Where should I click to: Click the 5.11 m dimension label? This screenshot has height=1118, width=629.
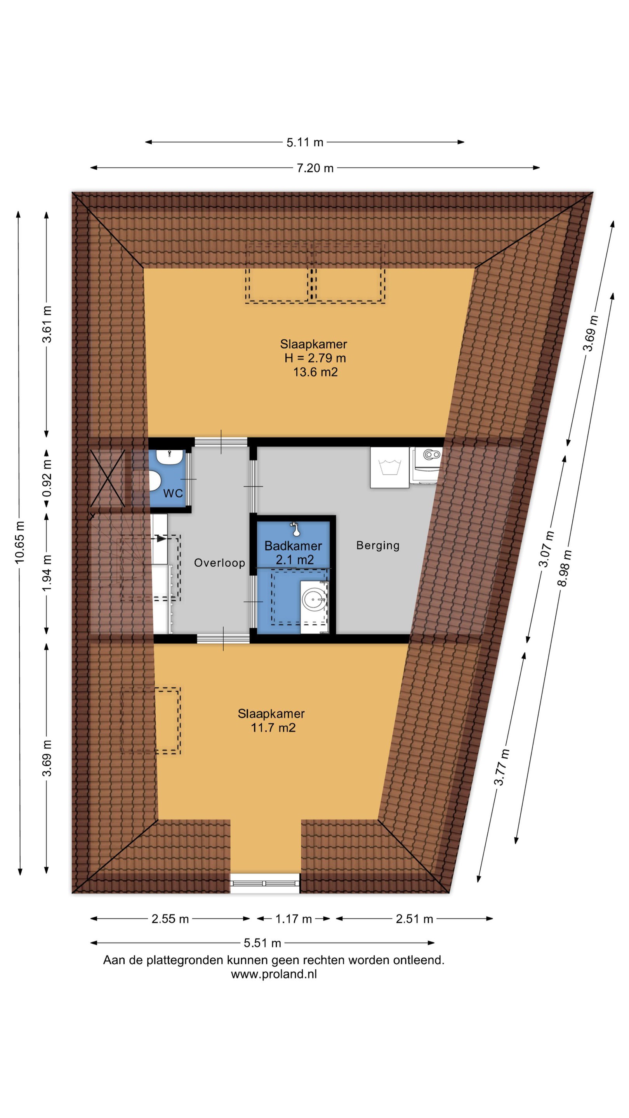[305, 142]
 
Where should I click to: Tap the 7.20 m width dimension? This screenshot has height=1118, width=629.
[315, 168]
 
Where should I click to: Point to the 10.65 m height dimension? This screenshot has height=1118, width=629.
[19, 543]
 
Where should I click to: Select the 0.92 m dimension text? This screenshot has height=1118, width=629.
[47, 478]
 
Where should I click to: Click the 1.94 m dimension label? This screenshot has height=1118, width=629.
[47, 573]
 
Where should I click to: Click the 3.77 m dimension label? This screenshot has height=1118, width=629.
[501, 767]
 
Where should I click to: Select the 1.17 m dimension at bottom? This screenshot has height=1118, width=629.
[294, 919]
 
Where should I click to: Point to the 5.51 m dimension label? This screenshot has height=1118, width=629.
[262, 943]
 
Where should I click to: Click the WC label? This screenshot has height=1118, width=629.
[173, 493]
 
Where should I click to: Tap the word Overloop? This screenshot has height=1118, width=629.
[220, 563]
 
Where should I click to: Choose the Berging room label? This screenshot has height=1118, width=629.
[378, 545]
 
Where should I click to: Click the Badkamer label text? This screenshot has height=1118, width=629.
[293, 546]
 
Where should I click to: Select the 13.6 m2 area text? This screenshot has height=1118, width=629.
[315, 372]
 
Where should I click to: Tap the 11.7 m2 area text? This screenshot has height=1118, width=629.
[273, 728]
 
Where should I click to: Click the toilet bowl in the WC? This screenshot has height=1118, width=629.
[155, 481]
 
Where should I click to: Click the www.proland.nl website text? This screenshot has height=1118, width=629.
[273, 974]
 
